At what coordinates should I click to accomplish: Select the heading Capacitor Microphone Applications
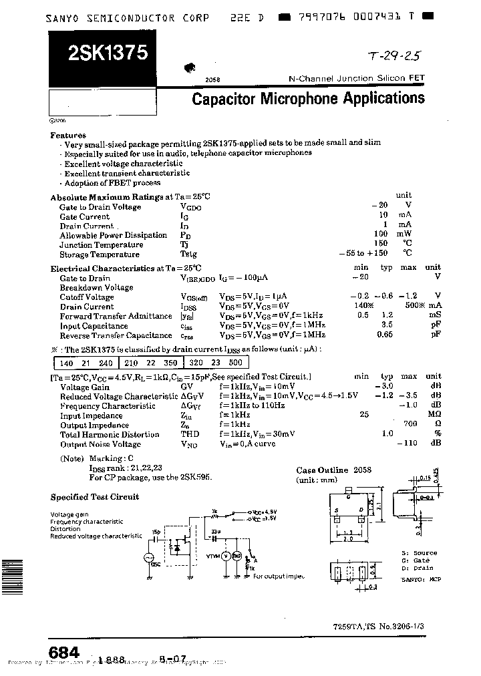308,100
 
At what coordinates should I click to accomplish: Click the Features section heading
68,134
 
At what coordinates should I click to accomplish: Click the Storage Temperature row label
100,255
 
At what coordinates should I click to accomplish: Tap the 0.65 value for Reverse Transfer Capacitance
385,335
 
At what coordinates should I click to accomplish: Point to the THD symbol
190,435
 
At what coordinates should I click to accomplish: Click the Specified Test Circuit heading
95,497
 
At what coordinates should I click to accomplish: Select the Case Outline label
322,470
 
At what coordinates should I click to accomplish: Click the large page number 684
65,652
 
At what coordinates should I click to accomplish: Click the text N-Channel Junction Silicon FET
356,79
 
